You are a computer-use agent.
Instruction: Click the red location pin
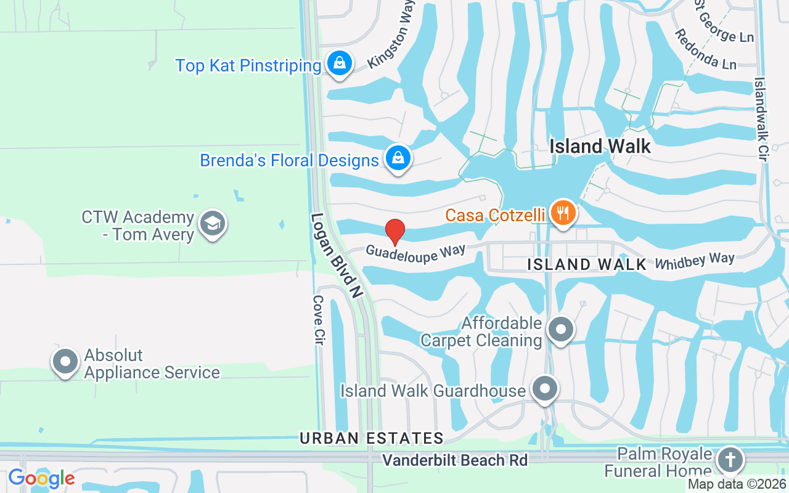click(395, 231)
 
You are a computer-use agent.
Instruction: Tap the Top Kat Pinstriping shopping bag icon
click(338, 63)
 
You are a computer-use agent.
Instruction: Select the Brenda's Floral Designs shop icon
click(398, 158)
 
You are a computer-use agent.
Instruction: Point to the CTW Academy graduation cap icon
click(213, 225)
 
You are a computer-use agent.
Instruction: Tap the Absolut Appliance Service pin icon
click(66, 362)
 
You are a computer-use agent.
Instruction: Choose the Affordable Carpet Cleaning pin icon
click(560, 329)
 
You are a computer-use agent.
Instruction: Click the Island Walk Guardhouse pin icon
click(544, 389)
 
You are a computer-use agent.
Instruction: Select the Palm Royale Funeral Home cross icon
click(729, 460)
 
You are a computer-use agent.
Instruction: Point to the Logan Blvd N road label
click(335, 256)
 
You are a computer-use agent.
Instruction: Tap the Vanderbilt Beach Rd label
click(455, 460)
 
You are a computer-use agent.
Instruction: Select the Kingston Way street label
click(390, 39)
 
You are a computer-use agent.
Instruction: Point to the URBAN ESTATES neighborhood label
click(372, 438)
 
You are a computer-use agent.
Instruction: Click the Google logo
click(41, 478)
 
